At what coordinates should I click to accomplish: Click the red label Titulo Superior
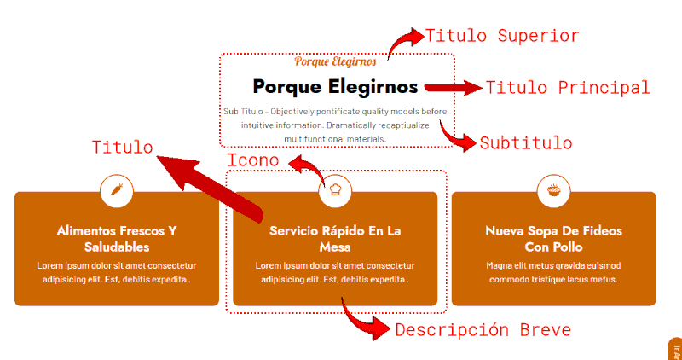coord(502,36)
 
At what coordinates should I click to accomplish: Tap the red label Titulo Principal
coord(568,88)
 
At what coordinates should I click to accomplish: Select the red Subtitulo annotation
coord(525,142)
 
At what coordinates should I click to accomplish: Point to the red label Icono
coord(253,160)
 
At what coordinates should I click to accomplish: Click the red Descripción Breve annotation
coord(482,330)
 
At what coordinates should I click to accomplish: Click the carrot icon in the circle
coord(117,190)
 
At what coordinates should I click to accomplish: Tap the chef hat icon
coord(335,190)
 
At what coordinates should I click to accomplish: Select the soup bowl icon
coord(553,190)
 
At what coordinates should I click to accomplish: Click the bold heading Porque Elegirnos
coord(335,87)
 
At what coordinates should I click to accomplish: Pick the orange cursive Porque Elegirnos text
coord(335,61)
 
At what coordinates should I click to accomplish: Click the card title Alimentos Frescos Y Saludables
coord(117,239)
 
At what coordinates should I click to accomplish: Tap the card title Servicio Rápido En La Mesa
coord(335,239)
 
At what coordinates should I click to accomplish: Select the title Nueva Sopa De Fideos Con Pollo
coord(553,239)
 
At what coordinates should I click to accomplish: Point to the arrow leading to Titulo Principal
coord(452,88)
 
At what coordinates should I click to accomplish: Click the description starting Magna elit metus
coord(553,272)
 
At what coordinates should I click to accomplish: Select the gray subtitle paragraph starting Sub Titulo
coord(335,125)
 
